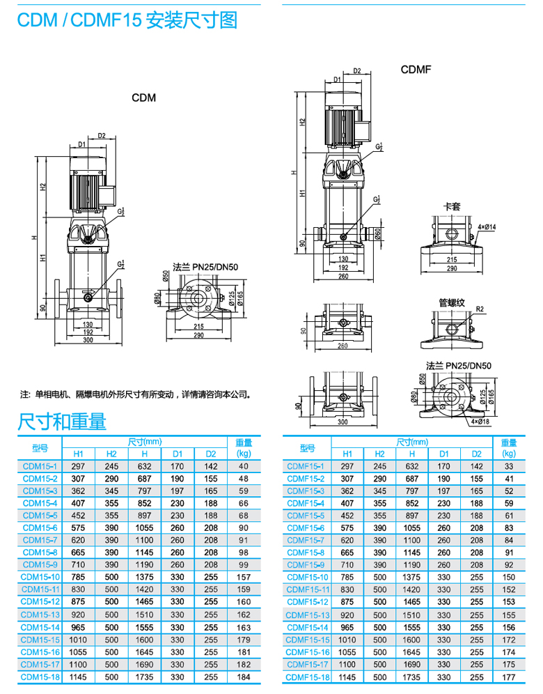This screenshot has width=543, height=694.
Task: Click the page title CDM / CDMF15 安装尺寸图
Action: pos(127,21)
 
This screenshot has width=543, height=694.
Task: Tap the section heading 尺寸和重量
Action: pos(62,421)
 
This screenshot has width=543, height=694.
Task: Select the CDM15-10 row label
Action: pos(40,577)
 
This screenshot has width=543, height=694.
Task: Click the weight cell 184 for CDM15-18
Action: pos(243,677)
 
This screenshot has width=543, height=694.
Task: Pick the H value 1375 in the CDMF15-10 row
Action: pos(412,577)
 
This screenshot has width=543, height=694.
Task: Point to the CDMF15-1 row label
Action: pos(306,465)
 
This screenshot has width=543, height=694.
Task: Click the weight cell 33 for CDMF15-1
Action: pos(509,465)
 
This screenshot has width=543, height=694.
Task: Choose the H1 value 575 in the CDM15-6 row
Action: pos(78,528)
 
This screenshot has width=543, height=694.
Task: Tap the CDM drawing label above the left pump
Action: pos(144,98)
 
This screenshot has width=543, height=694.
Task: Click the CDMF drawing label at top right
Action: pos(416,70)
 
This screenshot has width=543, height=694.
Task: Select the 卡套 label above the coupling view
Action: pos(452,207)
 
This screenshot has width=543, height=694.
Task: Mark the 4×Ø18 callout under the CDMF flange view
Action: pos(480,422)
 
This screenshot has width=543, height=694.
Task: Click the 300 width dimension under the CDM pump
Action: pos(88,340)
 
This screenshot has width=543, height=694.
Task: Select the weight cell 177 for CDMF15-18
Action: pos(509,677)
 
